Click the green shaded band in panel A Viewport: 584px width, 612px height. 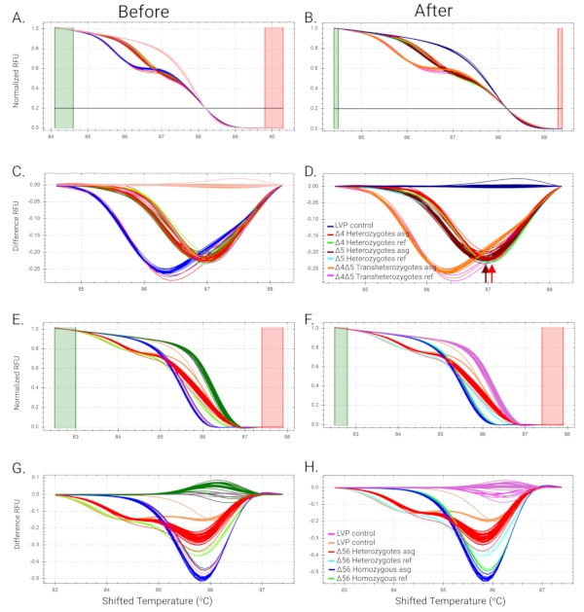(x=63, y=78)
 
